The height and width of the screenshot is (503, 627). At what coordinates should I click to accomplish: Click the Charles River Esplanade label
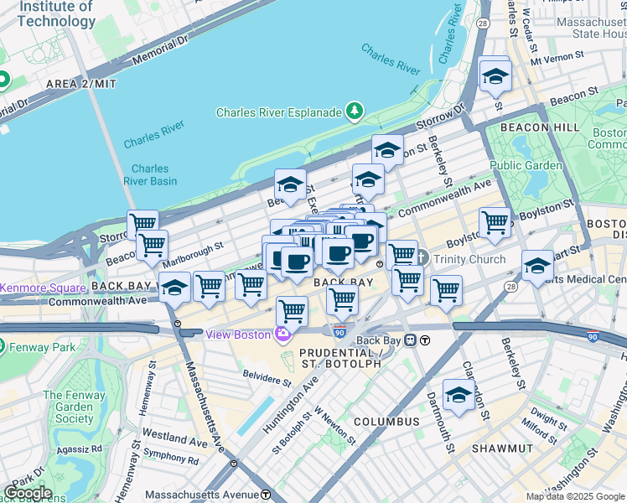(x=278, y=112)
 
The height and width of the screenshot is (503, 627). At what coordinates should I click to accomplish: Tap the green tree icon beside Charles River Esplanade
(x=355, y=111)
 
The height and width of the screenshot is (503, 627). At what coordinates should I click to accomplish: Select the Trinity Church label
(x=469, y=259)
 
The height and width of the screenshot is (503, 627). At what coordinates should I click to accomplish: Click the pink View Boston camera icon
(x=282, y=334)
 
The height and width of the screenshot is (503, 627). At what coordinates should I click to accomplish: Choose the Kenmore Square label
(x=32, y=288)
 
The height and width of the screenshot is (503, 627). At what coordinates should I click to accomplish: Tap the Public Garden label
(x=526, y=165)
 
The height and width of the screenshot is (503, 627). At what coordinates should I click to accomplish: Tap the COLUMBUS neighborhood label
(x=386, y=421)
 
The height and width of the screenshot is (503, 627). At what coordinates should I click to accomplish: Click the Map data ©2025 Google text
(x=575, y=496)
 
